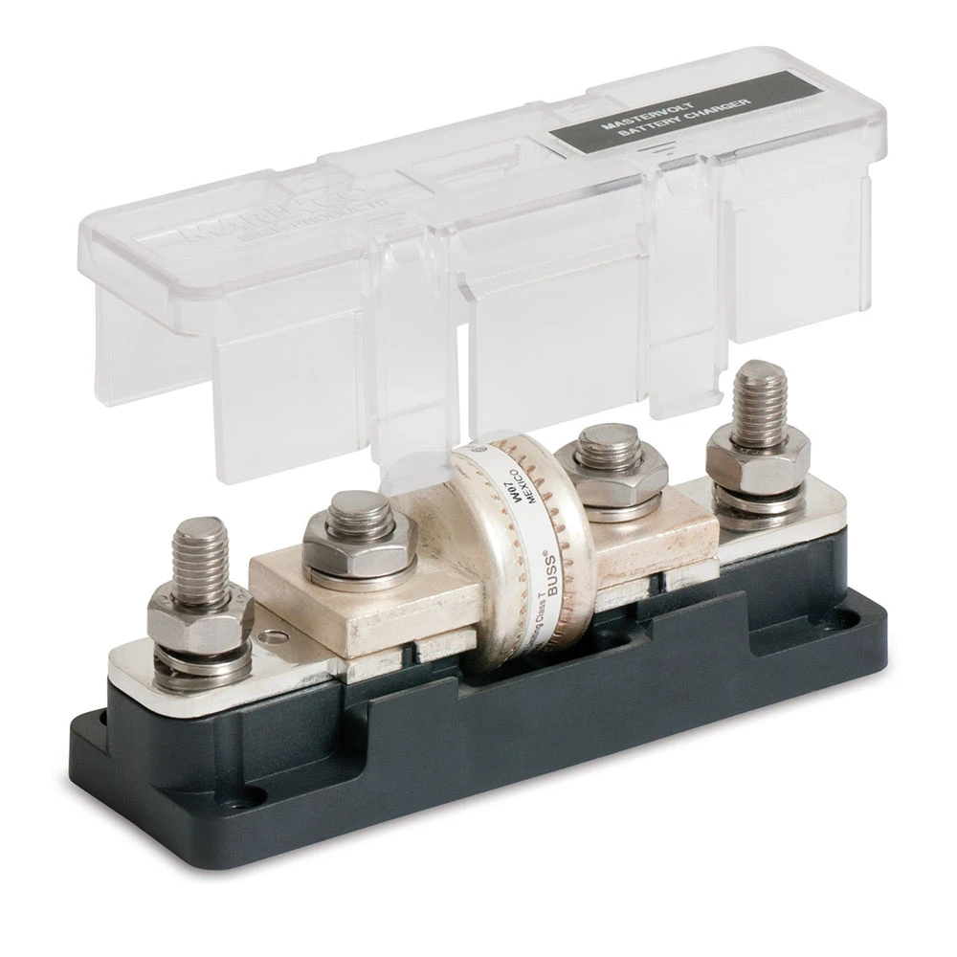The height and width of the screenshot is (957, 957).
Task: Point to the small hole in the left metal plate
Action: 275,633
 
